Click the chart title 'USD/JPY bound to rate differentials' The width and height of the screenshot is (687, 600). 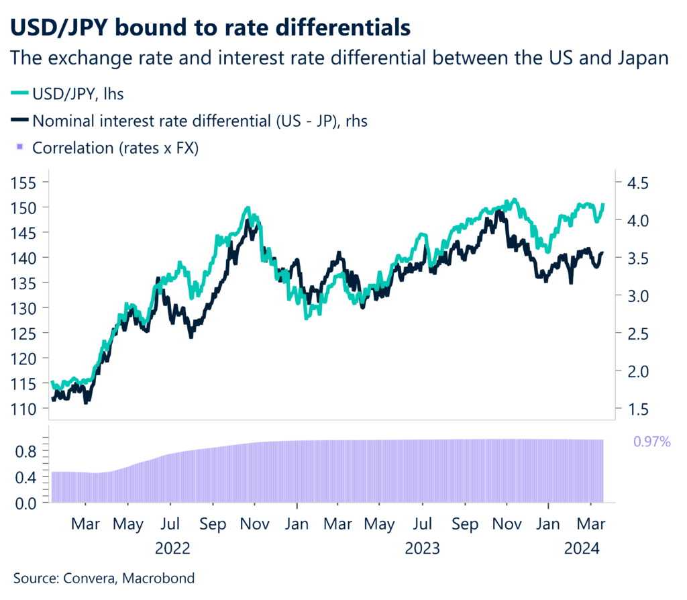210,28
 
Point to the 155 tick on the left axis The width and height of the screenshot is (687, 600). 25,182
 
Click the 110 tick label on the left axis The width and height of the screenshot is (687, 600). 25,408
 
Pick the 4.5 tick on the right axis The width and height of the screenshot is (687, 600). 638,183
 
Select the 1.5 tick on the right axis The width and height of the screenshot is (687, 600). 638,408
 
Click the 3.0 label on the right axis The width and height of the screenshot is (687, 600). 638,295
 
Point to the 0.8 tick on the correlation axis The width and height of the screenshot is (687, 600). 25,452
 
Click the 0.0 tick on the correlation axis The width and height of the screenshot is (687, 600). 25,502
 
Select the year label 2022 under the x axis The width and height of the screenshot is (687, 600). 172,548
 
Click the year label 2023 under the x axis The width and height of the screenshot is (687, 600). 423,548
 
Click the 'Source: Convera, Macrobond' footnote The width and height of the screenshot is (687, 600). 104,577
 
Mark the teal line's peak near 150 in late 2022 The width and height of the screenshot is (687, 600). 248,209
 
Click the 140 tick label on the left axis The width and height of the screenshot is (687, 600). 25,257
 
